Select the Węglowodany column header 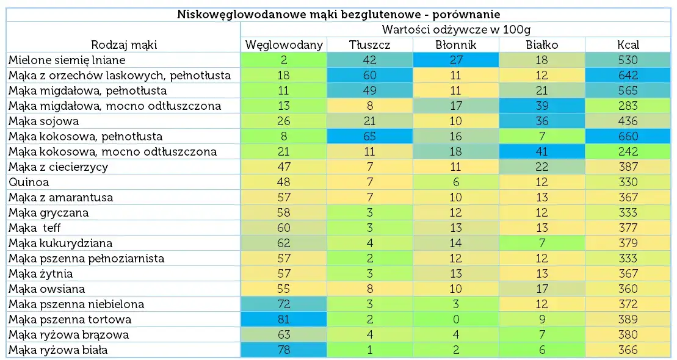pos(284,45)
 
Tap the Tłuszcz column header pos(370,45)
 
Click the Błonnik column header pos(456,45)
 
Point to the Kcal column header pos(628,45)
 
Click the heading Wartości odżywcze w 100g pos(455,29)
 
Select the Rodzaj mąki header pos(124,45)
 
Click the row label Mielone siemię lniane pos(67,60)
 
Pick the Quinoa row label pos(29,182)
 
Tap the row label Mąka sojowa pos(44,121)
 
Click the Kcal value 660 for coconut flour pos(628,136)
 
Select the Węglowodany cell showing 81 pos(284,319)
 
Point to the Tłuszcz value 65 pos(370,136)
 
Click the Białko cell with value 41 pos(542,151)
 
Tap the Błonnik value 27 pos(456,60)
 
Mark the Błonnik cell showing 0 pos(456,319)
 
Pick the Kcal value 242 pos(628,151)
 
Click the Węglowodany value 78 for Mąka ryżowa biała pos(284,350)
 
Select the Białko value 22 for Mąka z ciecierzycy pos(542,167)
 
